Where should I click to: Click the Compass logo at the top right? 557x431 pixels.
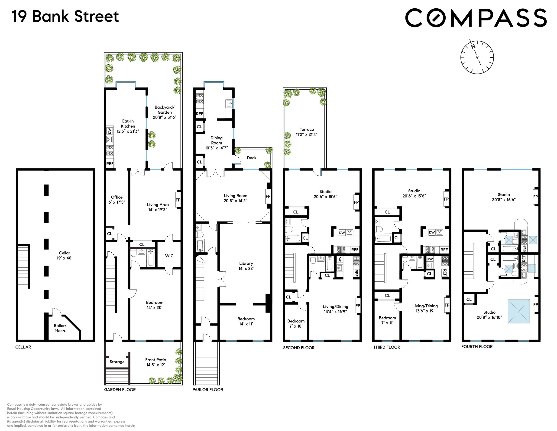tap(476, 18)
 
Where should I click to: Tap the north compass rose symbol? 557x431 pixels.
tap(477, 57)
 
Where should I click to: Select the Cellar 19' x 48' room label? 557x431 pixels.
tap(65, 255)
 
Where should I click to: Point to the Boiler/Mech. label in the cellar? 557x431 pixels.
tap(60, 328)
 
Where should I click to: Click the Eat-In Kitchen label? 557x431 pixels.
tap(128, 126)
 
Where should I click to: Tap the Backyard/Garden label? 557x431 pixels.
tap(165, 112)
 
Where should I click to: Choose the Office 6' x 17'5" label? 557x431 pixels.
tap(117, 199)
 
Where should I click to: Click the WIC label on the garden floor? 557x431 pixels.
tap(169, 256)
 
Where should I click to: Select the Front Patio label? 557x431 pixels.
tap(155, 362)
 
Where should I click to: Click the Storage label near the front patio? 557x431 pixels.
tap(117, 362)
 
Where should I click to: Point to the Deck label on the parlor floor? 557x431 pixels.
tap(252, 158)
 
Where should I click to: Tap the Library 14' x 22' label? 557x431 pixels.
tap(246, 266)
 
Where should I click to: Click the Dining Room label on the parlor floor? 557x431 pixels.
tap(217, 143)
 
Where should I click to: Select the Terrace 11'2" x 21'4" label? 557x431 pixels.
tap(307, 132)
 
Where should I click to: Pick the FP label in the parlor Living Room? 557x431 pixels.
tap(268, 196)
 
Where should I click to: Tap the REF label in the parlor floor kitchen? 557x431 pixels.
tap(199, 114)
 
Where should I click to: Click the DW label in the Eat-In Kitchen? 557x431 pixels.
tap(110, 131)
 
